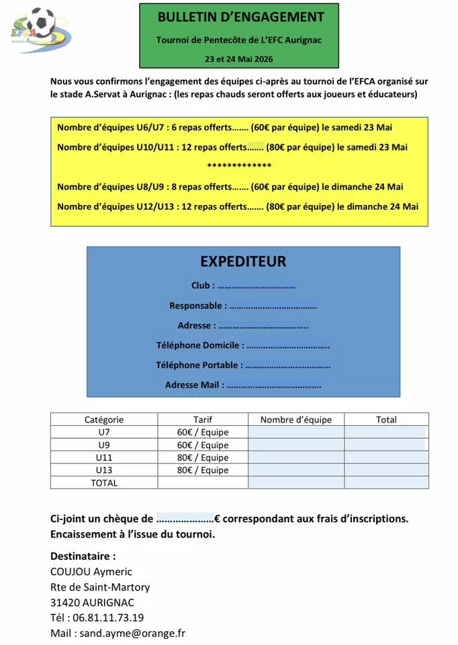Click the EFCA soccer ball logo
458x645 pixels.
(x=40, y=29)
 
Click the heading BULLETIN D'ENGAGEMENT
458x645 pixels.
(x=240, y=17)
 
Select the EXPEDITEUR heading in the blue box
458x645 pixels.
(x=243, y=261)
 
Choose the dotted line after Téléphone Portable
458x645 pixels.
(x=288, y=365)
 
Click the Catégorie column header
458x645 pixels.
(x=104, y=419)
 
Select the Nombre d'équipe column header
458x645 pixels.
(x=296, y=419)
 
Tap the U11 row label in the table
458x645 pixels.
(x=104, y=458)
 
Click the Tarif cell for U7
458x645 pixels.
(x=203, y=432)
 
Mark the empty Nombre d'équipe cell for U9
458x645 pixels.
(x=296, y=445)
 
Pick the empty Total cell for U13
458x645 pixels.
(x=386, y=470)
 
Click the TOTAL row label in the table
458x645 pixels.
(x=104, y=482)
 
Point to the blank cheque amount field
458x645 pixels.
(x=185, y=519)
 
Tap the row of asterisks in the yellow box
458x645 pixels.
(x=239, y=166)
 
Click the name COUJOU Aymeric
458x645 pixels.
(x=91, y=572)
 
